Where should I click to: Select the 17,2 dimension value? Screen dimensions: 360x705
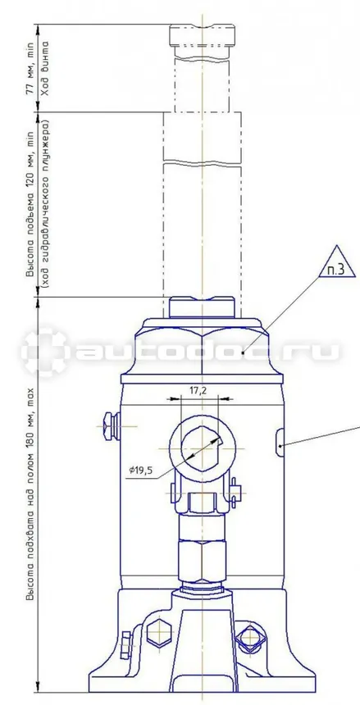[198, 391]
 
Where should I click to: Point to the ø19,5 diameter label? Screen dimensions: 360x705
[140, 471]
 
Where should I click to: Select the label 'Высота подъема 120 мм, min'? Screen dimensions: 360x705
[30, 204]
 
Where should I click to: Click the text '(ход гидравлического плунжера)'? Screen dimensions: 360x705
[44, 204]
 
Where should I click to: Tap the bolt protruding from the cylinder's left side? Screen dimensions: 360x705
[110, 425]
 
